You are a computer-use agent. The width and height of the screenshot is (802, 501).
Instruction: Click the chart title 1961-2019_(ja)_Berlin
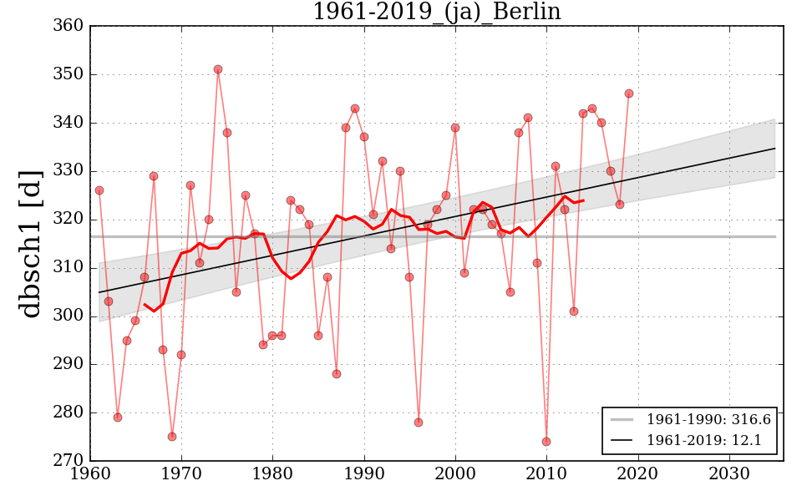pos(436,12)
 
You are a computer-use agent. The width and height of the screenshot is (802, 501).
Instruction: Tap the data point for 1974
pos(218,69)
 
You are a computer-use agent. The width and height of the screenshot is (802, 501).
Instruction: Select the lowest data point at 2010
pos(546,442)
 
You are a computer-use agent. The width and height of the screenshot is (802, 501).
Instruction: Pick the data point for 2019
pos(629,94)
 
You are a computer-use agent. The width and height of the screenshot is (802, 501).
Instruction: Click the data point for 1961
pos(99,190)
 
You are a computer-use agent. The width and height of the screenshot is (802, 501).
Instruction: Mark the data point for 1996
pos(419,423)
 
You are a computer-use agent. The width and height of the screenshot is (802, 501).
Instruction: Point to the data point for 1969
pos(172,437)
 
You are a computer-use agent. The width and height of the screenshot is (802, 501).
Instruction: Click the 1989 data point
pos(355,109)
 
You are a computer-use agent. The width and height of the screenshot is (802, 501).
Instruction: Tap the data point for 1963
pos(118,417)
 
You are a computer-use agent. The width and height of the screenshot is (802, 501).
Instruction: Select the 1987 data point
pos(337,374)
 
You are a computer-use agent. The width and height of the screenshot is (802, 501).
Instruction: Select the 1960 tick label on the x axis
pos(90,475)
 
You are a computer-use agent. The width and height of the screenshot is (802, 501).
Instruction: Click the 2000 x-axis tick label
pos(455,475)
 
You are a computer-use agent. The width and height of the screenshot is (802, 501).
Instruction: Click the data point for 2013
pos(574,311)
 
